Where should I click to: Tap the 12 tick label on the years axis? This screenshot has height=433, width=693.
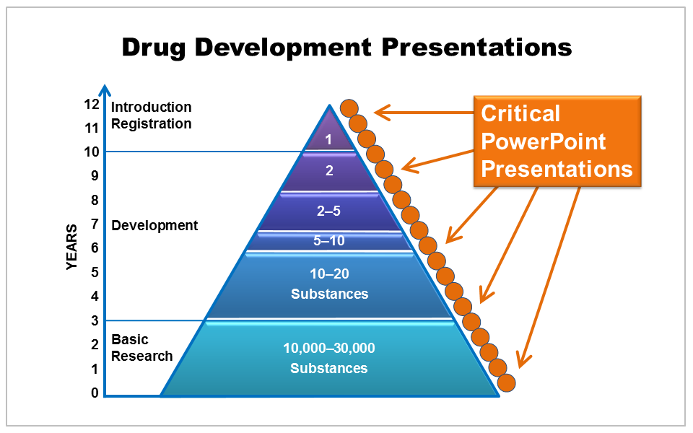pyautogui.click(x=91, y=104)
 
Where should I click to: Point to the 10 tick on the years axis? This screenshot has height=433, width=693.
pyautogui.click(x=91, y=152)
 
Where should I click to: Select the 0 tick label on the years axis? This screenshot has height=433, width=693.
pyautogui.click(x=95, y=393)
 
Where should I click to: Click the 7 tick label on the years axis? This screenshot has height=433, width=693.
pyautogui.click(x=95, y=224)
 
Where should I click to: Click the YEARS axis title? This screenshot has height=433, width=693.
pyautogui.click(x=72, y=247)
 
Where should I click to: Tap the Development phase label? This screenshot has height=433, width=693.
pyautogui.click(x=154, y=225)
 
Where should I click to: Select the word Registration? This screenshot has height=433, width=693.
pyautogui.click(x=151, y=123)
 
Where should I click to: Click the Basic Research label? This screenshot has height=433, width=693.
pyautogui.click(x=141, y=347)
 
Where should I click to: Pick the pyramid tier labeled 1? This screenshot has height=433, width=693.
pyautogui.click(x=328, y=139)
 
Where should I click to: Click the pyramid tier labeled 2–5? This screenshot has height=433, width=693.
pyautogui.click(x=329, y=211)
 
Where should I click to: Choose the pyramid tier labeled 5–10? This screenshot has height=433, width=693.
pyautogui.click(x=329, y=241)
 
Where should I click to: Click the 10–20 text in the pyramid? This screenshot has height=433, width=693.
pyautogui.click(x=329, y=274)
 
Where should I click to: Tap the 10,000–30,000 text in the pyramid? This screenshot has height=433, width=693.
pyautogui.click(x=329, y=348)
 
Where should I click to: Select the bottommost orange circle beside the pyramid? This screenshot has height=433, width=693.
pyautogui.click(x=507, y=382)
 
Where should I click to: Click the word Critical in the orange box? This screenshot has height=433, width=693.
pyautogui.click(x=520, y=113)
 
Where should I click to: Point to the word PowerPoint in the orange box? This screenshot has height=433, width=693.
pyautogui.click(x=544, y=141)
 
